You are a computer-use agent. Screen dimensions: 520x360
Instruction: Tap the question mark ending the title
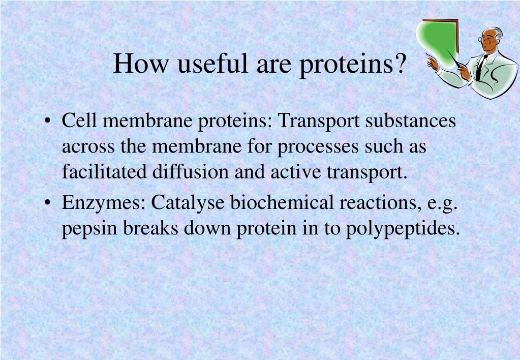coord(400,63)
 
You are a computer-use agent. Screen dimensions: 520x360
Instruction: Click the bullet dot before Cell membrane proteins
coord(48,121)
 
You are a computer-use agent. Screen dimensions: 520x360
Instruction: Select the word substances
coord(411,120)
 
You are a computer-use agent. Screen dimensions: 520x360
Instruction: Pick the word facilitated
coord(104,171)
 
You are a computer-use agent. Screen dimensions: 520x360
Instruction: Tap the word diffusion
coord(190,171)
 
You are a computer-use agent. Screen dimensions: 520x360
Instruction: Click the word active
coord(296,171)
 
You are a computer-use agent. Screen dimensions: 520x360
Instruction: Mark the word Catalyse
coord(188,203)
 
